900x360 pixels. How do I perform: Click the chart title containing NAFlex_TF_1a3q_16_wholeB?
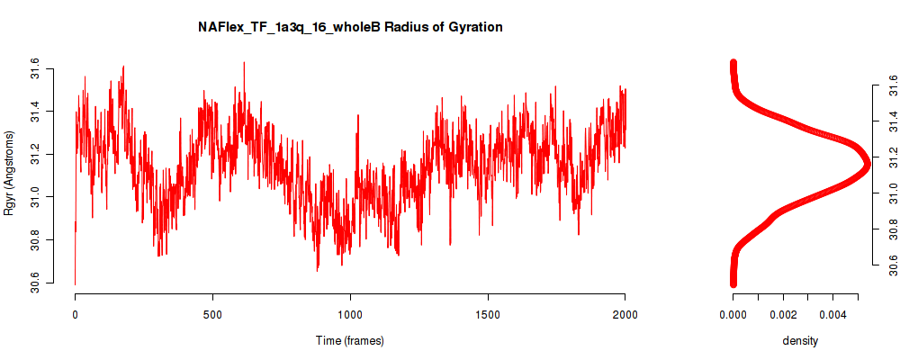[x=350, y=27]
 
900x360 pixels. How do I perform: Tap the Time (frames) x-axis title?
[x=349, y=340]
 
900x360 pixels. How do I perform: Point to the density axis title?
[x=800, y=340]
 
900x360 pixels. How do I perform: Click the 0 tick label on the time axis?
[x=76, y=314]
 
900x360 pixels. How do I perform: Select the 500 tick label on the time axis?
[x=212, y=314]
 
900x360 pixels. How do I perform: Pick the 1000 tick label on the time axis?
[x=349, y=314]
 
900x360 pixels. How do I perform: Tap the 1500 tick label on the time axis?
[x=487, y=314]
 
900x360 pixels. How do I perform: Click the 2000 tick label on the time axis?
[x=625, y=314]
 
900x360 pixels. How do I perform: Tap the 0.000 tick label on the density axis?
[x=733, y=314]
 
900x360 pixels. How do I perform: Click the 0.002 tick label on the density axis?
[x=783, y=314]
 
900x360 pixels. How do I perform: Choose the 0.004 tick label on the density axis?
[x=832, y=314]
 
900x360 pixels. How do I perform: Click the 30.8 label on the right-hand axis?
[x=890, y=229]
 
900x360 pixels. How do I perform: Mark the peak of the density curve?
[x=867, y=164]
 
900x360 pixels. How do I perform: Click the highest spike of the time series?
[x=244, y=62]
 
